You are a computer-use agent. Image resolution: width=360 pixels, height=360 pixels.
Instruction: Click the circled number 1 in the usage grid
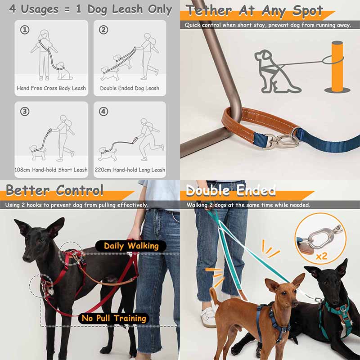pos(25,30)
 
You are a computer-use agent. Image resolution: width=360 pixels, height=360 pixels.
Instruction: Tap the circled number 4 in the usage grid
pos(103,111)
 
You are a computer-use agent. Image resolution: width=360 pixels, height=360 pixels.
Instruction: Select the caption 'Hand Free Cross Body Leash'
pos(51,88)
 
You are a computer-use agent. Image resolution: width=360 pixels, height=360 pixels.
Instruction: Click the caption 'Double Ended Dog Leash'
pos(130,88)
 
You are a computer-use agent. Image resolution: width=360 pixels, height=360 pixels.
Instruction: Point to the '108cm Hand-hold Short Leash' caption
pos(51,170)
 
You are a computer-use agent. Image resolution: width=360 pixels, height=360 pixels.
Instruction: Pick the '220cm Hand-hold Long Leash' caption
pos(130,170)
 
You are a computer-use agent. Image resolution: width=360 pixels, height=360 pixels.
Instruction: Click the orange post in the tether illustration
pos(337,67)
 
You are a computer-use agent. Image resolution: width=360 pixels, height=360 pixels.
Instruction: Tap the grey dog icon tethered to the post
pos(275,72)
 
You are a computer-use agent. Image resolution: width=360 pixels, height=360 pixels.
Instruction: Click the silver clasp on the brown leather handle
pos(281,139)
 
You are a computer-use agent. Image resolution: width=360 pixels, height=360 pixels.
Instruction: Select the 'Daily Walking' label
pos(131,246)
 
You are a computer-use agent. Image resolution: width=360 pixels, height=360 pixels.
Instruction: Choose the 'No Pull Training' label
pos(114,318)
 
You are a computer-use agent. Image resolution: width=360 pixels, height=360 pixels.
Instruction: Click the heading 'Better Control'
pos(54,190)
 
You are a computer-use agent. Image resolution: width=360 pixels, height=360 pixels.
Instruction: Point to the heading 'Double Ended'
pos(231,190)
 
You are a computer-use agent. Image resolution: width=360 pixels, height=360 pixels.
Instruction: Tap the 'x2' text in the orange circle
pos(321,256)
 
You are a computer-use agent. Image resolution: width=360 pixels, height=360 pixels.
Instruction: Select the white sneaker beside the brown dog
pos(208,317)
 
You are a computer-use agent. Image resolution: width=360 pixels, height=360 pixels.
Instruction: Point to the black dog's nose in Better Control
pos(26,259)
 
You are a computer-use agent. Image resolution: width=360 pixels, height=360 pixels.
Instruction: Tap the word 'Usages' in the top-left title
pos(40,9)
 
